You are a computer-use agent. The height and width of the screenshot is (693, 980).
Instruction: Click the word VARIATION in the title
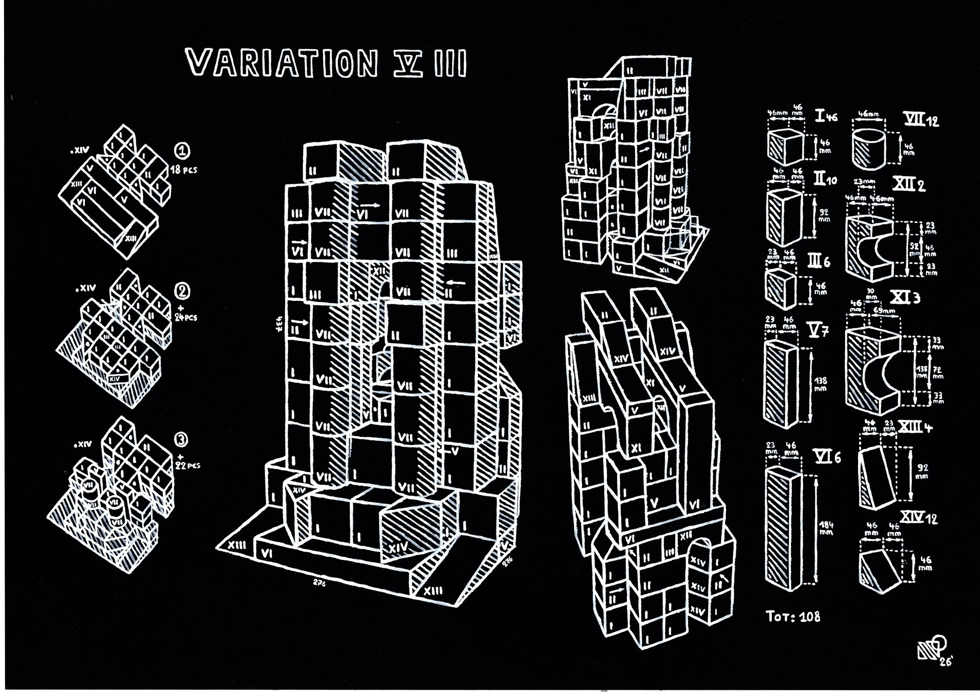click(x=282, y=63)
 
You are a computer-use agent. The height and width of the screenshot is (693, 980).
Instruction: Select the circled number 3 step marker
click(x=181, y=439)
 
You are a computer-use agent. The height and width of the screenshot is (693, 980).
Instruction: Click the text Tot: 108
click(x=793, y=616)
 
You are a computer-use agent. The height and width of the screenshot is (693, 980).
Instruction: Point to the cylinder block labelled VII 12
click(x=869, y=148)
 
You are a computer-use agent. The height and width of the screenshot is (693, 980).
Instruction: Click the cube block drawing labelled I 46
click(x=784, y=148)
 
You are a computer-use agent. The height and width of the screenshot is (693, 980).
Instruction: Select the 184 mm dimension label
click(x=826, y=529)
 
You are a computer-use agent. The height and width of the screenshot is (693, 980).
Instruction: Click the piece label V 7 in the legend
click(x=818, y=330)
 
